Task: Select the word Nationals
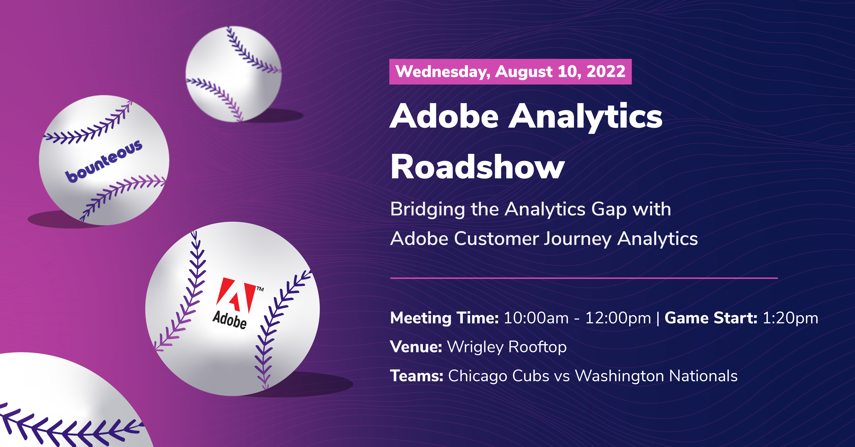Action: (x=703, y=376)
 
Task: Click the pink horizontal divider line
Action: (x=584, y=278)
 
